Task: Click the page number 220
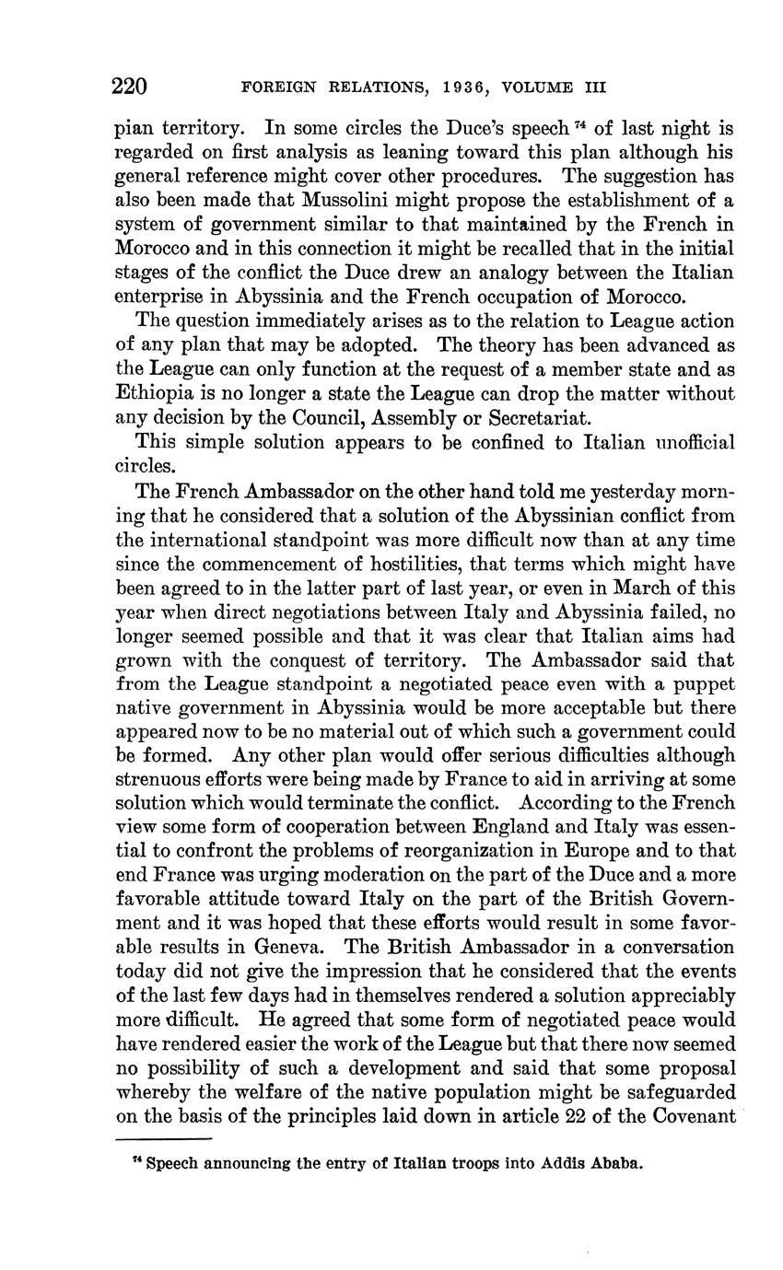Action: point(129,87)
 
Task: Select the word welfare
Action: point(281,1091)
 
